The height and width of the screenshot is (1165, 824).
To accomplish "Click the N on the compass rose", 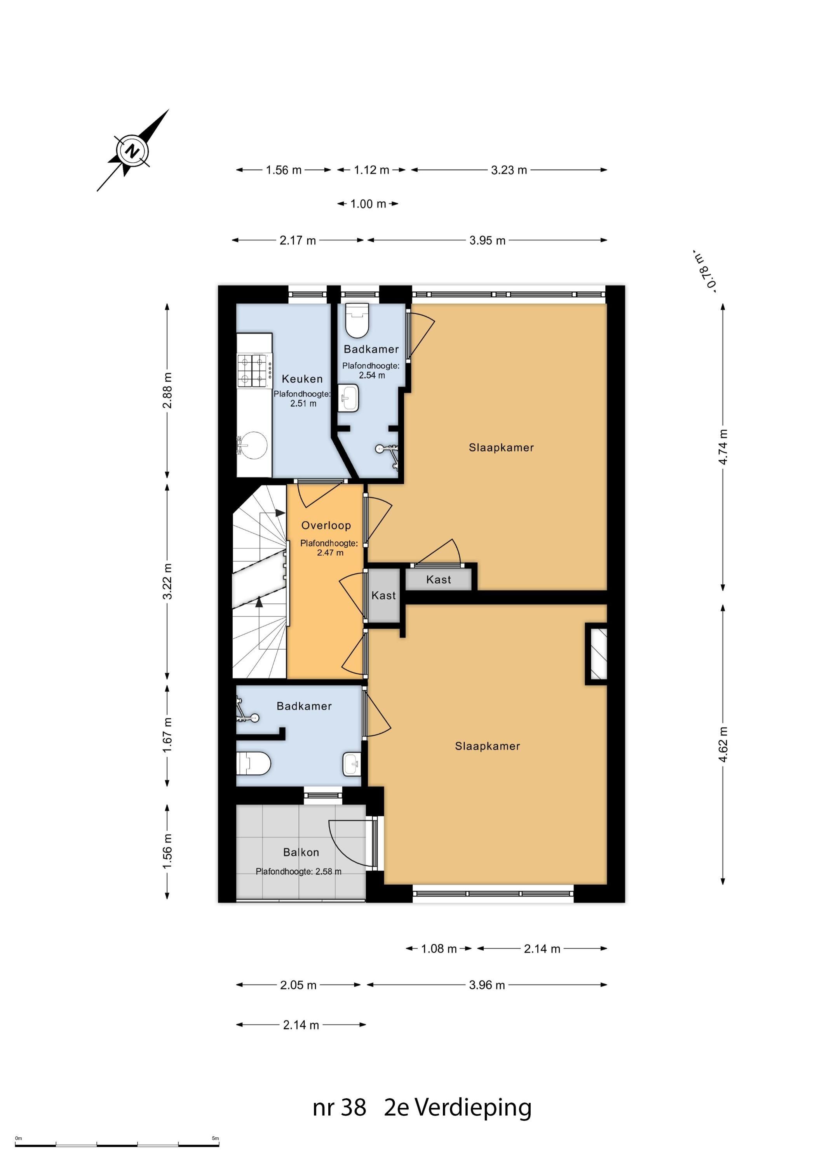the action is click(133, 151).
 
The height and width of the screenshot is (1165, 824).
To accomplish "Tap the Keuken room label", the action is click(302, 379).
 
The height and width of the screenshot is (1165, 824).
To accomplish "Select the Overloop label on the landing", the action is click(326, 526).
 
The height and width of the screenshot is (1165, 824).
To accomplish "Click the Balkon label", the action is click(301, 852).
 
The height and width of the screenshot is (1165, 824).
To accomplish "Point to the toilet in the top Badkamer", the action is click(357, 321).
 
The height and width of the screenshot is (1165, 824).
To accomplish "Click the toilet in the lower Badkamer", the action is click(254, 763).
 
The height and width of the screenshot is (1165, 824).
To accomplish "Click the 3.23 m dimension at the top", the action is click(509, 170).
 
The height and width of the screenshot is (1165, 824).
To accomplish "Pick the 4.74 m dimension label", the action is click(723, 447).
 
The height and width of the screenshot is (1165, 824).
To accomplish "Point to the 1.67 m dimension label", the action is click(167, 735).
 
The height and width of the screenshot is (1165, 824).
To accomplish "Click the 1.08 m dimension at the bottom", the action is click(439, 949).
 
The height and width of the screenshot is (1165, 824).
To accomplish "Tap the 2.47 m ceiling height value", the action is click(330, 553).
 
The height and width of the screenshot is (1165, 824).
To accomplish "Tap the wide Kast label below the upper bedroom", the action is click(439, 579).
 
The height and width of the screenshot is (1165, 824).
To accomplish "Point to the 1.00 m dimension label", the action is click(368, 204).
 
